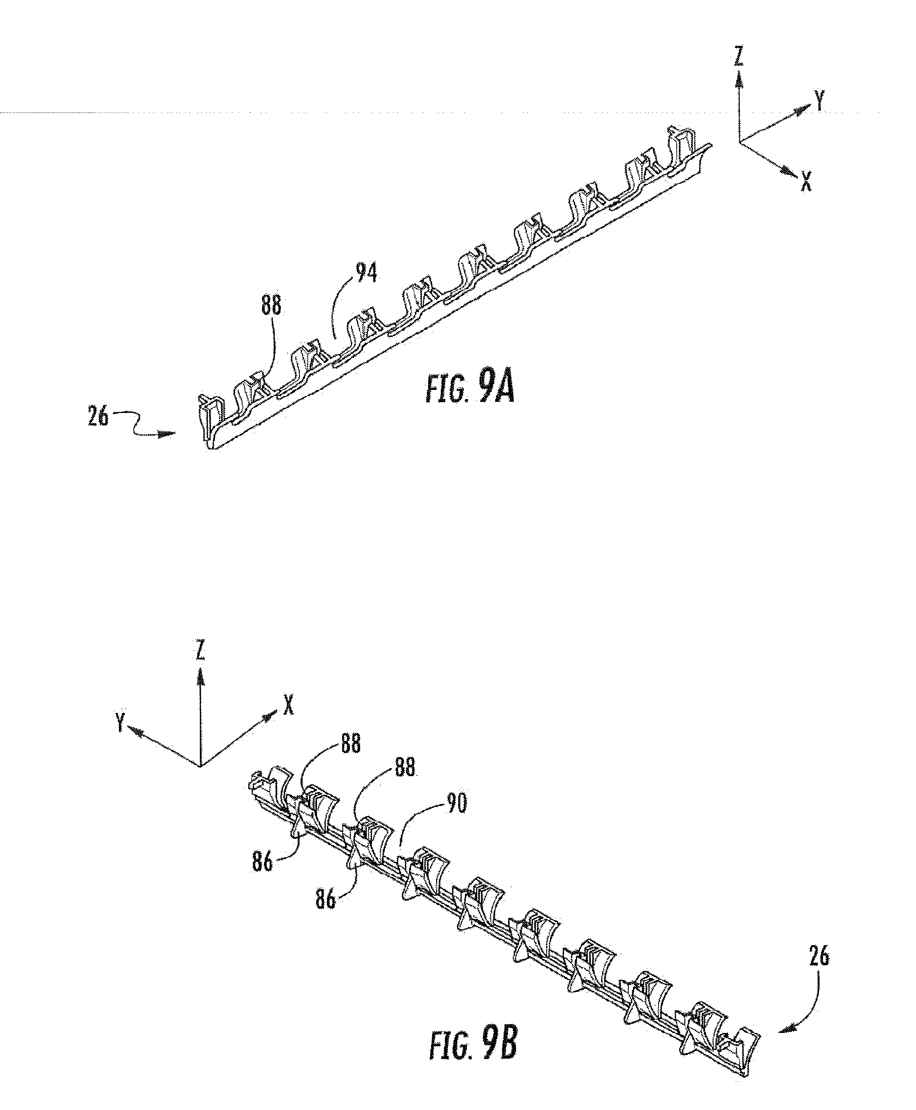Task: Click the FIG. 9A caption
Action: [x=469, y=391]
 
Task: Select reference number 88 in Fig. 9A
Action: [x=271, y=306]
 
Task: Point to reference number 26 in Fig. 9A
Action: [x=98, y=417]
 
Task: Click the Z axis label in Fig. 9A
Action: [x=739, y=57]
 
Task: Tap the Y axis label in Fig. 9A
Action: [x=819, y=100]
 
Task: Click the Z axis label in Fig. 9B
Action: [x=200, y=651]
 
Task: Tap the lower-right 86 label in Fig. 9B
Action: [x=326, y=899]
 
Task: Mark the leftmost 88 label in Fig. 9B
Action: [x=350, y=743]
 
